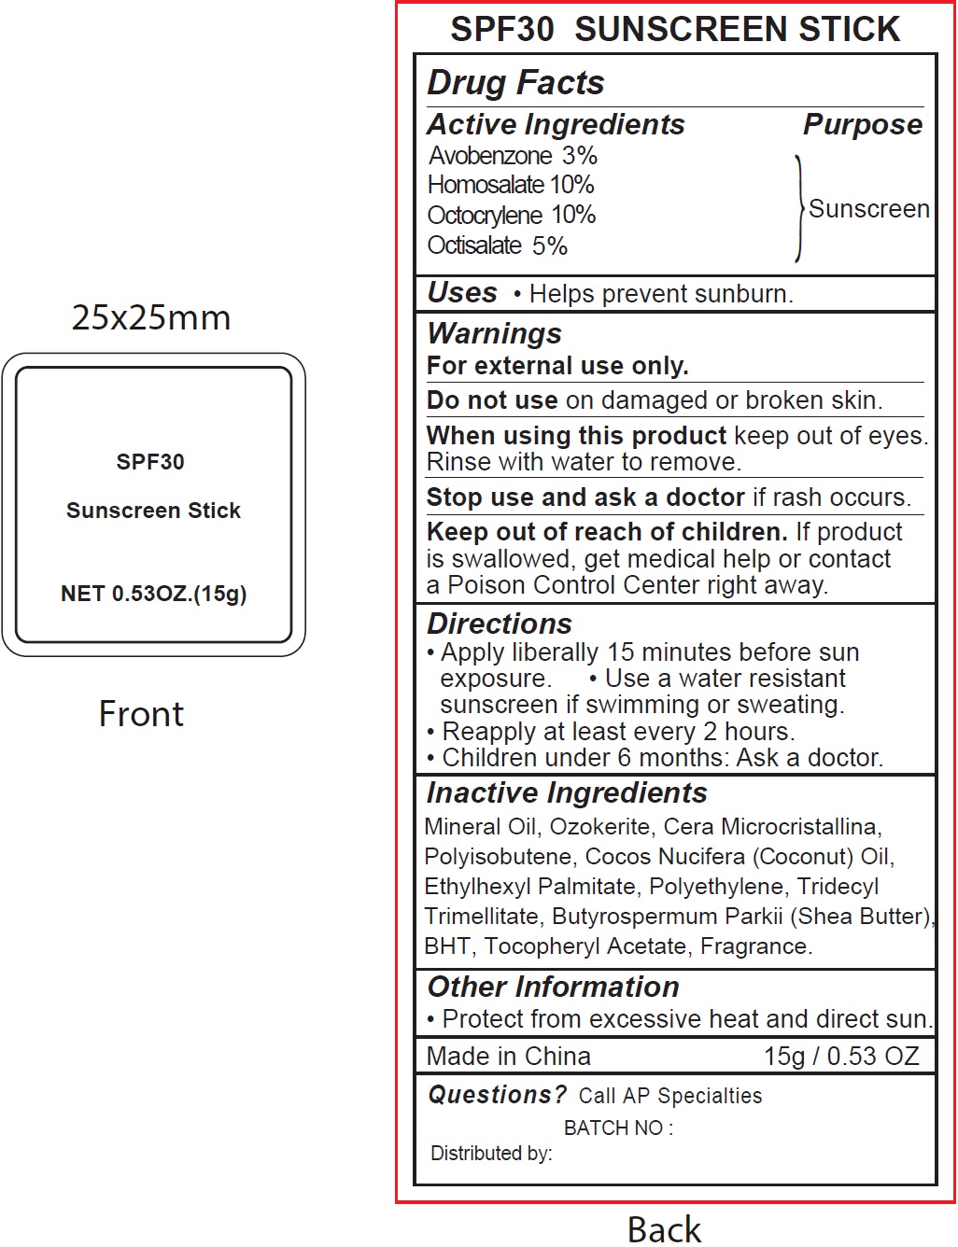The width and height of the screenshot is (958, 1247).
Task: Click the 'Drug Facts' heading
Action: click(x=515, y=83)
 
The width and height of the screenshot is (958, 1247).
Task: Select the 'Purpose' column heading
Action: click(x=862, y=125)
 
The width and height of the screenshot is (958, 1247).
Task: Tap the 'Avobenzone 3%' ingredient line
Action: click(x=513, y=156)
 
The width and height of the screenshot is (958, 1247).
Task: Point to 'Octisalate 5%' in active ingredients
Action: click(x=497, y=245)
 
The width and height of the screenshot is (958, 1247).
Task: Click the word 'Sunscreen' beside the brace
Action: click(x=868, y=209)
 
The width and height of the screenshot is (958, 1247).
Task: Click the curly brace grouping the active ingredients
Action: click(x=799, y=208)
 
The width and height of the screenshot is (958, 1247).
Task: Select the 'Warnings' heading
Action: click(x=494, y=333)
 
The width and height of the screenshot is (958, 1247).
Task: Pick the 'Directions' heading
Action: click(x=499, y=623)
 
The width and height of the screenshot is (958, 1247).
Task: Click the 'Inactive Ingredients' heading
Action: click(x=567, y=793)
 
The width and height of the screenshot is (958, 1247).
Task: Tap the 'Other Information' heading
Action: click(x=553, y=987)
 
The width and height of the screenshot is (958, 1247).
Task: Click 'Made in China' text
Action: click(x=508, y=1057)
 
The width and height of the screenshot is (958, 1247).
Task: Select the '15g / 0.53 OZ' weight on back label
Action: click(x=841, y=1057)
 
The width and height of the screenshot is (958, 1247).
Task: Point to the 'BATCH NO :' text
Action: click(x=618, y=1128)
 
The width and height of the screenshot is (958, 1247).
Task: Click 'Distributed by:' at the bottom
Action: click(x=491, y=1154)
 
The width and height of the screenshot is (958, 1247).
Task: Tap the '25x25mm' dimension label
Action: click(x=151, y=318)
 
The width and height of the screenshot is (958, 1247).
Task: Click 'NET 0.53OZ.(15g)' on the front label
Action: click(x=153, y=595)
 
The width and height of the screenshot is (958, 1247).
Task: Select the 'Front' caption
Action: click(x=141, y=715)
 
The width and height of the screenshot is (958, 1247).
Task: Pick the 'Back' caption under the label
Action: click(x=664, y=1229)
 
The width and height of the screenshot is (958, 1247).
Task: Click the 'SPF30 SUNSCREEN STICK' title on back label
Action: click(x=675, y=30)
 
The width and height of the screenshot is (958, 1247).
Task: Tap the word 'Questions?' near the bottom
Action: click(x=497, y=1095)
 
